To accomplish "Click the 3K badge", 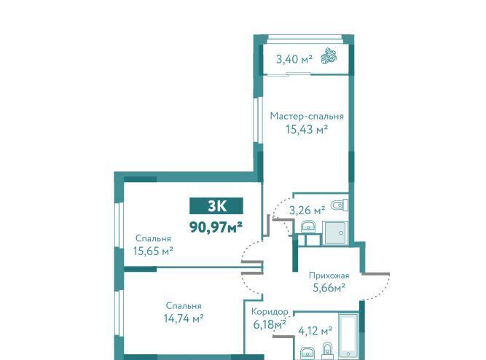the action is (x=216, y=206).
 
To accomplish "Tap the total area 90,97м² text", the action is (x=216, y=227).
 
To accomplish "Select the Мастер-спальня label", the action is (x=307, y=117).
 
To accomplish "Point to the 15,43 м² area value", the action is (x=307, y=129).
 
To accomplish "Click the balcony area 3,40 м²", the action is (x=294, y=59).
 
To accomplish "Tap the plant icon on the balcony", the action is (x=329, y=56).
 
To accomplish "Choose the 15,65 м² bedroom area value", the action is (x=153, y=251).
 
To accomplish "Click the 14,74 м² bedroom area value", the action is (x=184, y=318).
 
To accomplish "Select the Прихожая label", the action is (x=329, y=275).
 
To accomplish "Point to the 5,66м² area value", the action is (x=329, y=288).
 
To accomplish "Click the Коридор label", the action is (x=270, y=311).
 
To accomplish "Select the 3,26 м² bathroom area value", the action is (x=307, y=210).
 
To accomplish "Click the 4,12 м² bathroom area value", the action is (x=315, y=331).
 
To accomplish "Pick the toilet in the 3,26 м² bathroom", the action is (x=339, y=205).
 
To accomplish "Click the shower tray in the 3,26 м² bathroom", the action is (x=335, y=232).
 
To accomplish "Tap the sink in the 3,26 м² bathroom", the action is (x=308, y=227).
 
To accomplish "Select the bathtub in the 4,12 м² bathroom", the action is (x=348, y=336).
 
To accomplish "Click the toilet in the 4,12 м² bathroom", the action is (x=326, y=351).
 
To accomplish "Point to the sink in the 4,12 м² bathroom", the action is (x=307, y=353).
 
